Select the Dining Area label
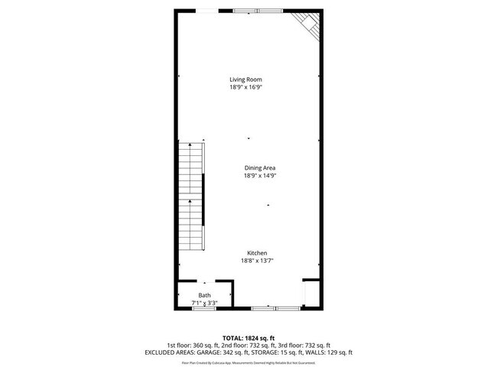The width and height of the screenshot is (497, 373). [x=260, y=168]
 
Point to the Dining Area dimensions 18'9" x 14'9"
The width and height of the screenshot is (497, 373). [x=260, y=176]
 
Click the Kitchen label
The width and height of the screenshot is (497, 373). [x=257, y=253]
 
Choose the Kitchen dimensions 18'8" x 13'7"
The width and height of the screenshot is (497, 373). [x=257, y=261]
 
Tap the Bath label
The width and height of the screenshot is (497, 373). [x=204, y=295]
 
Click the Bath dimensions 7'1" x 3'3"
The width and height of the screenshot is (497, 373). [x=204, y=303]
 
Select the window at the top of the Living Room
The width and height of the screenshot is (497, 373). [x=258, y=11]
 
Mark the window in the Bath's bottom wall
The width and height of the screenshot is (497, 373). [x=205, y=307]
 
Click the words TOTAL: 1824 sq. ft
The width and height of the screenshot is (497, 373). [x=248, y=337]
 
